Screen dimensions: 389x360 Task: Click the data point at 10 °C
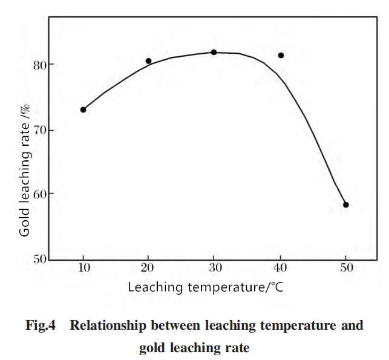83,110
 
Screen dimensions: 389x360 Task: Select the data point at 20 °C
149,61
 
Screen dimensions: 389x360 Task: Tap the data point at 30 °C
214,53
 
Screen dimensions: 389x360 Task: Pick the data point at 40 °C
281,55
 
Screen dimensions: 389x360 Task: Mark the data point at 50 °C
346,205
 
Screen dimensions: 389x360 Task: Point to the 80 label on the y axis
40,65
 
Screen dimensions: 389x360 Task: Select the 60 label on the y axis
40,194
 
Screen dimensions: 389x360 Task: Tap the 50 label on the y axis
40,259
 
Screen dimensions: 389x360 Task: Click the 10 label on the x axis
84,267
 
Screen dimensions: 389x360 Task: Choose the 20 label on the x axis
148,267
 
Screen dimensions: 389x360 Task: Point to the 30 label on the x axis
215,267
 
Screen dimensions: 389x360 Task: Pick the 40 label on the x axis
280,267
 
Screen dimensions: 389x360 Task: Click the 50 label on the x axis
347,267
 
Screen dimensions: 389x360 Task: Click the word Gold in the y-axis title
25,222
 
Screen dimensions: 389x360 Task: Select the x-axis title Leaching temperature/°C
206,287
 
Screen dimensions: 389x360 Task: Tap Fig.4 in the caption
41,326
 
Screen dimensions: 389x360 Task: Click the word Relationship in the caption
108,326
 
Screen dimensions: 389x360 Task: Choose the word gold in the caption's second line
152,348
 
